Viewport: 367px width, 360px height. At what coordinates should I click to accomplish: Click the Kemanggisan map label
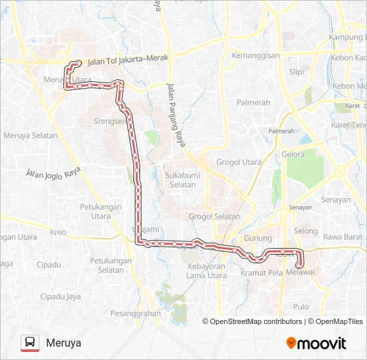[x=256, y=55]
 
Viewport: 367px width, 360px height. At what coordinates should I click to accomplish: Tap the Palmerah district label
[x=254, y=103]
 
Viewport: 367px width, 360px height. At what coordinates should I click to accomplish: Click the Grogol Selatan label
[x=214, y=216]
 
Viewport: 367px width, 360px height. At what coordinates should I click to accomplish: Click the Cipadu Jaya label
[x=61, y=296]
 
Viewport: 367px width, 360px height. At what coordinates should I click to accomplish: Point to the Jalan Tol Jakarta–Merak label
[x=127, y=58]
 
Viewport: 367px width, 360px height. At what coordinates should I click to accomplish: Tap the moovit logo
[x=316, y=343]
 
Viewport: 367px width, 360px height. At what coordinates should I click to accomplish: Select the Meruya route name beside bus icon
[x=63, y=343]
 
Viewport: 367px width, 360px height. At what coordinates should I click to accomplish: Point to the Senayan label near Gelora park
[x=336, y=199]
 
